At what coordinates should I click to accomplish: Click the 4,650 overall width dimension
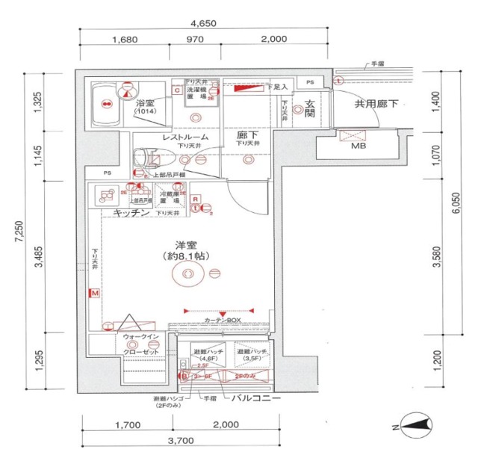pyautogui.click(x=202, y=23)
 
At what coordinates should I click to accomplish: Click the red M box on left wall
pyautogui.click(x=95, y=294)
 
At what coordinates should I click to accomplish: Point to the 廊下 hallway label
pyautogui.click(x=247, y=137)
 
